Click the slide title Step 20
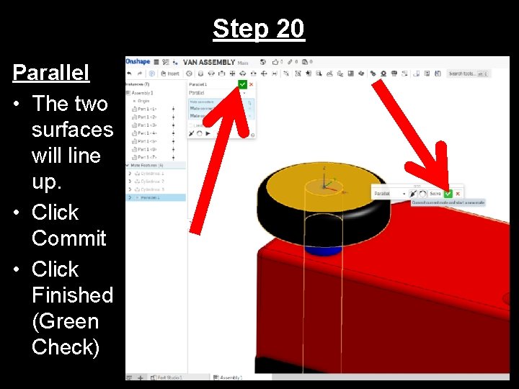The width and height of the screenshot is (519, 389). coord(259,29)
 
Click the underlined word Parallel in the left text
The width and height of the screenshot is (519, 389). coord(50,73)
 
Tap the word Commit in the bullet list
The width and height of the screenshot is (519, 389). coord(68,238)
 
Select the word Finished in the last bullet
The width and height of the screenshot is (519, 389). coord(72,295)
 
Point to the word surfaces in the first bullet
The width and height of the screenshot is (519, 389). coord(72,130)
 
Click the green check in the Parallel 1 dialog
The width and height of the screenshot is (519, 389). coord(242,84)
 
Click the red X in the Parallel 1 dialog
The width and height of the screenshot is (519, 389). coord(251,84)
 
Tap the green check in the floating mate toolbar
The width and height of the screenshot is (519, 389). coord(448,193)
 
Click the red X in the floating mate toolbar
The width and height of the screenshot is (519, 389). coord(458,193)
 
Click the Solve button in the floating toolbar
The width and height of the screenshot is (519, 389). coord(435,193)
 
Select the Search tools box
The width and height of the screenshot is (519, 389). coord(467,73)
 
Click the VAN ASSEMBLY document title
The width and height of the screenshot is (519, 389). coord(208,62)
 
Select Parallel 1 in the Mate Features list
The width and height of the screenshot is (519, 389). coord(152,197)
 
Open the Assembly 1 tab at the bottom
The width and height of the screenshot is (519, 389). coord(231,377)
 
